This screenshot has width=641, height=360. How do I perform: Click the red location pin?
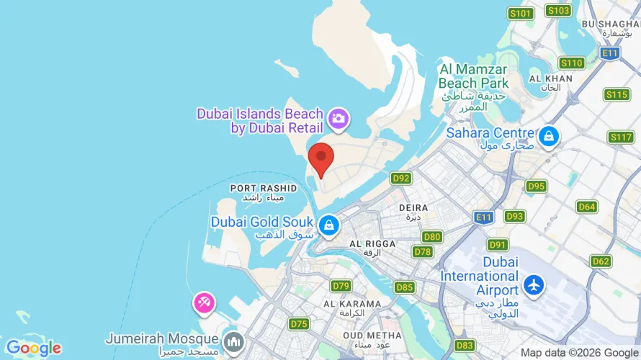pyautogui.click(x=320, y=158)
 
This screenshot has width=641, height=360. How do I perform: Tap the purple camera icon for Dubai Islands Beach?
pyautogui.click(x=339, y=118)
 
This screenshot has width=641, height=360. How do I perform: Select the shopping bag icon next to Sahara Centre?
pyautogui.click(x=549, y=135)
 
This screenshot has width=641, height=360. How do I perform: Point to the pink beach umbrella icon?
pyautogui.click(x=203, y=302)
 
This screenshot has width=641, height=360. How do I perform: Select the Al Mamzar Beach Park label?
pyautogui.click(x=473, y=76)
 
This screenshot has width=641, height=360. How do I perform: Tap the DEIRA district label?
pyautogui.click(x=413, y=207)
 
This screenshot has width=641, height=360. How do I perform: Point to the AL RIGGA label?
pyautogui.click(x=372, y=244)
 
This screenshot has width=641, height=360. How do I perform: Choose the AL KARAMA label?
pyautogui.click(x=351, y=304)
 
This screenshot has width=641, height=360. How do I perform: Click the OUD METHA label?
pyautogui.click(x=372, y=336)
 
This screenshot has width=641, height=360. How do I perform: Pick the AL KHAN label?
pyautogui.click(x=550, y=78)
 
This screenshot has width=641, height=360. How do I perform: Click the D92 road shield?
pyautogui.click(x=401, y=178)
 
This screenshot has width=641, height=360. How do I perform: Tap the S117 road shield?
pyautogui.click(x=620, y=137)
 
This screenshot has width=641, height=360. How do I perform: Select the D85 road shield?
pyautogui.click(x=405, y=287)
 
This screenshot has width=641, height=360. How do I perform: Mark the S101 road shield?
pyautogui.click(x=520, y=14)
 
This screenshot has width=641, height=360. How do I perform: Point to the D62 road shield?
pyautogui.click(x=601, y=261)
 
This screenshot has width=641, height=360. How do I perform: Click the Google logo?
pyautogui.click(x=33, y=348)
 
